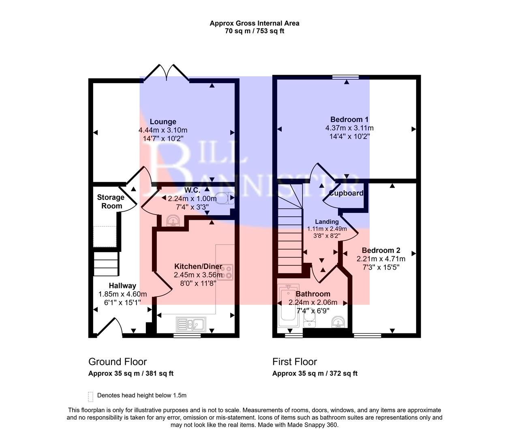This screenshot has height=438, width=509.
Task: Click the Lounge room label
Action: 163,122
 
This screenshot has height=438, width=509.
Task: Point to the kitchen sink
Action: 191,324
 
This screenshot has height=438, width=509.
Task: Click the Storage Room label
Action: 111,202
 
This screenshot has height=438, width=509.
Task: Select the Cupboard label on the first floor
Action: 346,193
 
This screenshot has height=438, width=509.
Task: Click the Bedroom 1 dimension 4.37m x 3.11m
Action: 349,128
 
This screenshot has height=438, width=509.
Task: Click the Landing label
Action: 327,222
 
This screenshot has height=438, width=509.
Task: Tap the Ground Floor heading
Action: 118,362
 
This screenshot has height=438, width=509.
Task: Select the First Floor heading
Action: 295,362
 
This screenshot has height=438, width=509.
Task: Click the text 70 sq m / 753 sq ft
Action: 254,31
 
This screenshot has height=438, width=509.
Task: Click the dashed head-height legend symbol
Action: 90,396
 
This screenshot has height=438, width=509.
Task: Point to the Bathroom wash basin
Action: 338,322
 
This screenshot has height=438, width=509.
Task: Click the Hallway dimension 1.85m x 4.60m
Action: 122,294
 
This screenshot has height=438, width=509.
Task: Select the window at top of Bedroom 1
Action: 346,77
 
